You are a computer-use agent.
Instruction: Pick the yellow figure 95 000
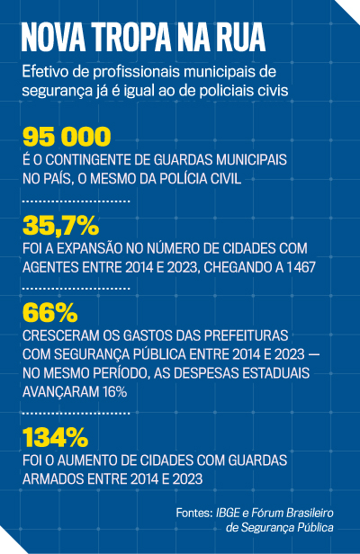[x=67, y=137]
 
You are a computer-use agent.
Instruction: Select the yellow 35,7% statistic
[x=61, y=226]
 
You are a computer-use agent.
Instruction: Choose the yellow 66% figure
[x=49, y=312]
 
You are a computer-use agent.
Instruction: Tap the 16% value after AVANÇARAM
[x=115, y=392]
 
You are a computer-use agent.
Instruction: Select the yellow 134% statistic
[x=55, y=437]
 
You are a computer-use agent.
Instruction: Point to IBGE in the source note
[x=228, y=513]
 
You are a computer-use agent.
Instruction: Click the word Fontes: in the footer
[x=194, y=513]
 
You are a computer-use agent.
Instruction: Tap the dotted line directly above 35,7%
[x=76, y=201]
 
